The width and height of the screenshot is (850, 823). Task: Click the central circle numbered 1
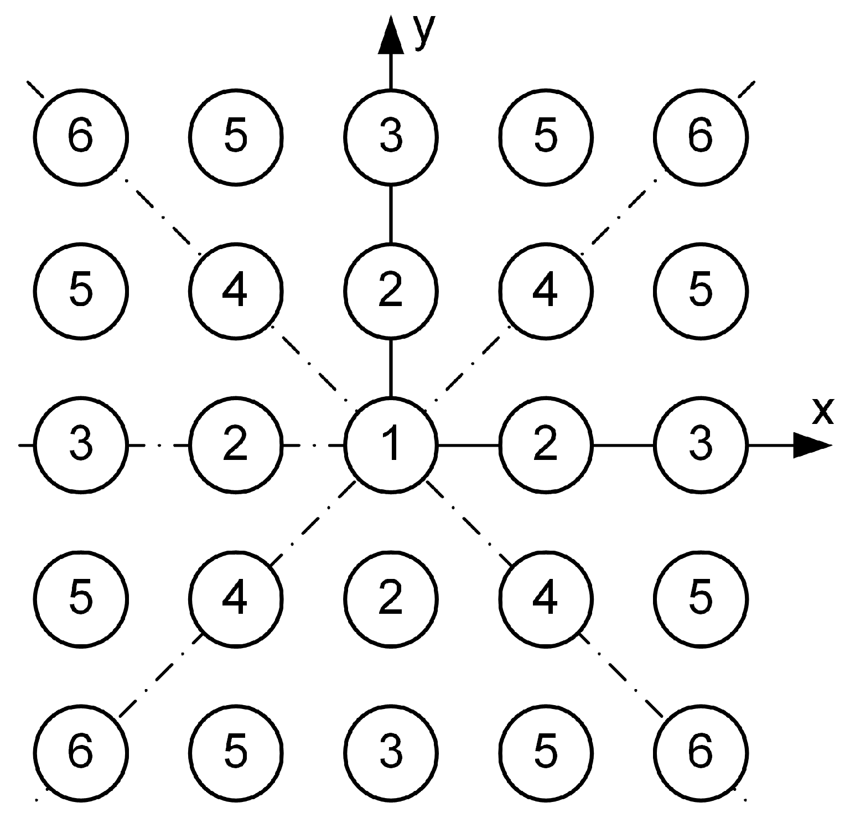[391, 444]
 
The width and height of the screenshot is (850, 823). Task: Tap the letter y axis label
[424, 32]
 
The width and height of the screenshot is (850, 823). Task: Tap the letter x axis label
[822, 411]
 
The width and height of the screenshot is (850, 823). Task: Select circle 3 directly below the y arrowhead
[391, 136]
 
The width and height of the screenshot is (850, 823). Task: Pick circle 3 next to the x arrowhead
[701, 444]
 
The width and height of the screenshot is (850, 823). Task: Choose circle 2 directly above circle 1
[391, 291]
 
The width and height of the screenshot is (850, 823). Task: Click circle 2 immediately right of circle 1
[546, 444]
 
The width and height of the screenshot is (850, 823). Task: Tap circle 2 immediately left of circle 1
[236, 444]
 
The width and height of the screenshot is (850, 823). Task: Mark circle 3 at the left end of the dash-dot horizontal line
[81, 444]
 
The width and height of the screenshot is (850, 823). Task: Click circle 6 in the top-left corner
[81, 136]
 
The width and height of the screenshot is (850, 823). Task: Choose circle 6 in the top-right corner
[701, 136]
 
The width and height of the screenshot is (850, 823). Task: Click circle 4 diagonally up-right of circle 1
[546, 291]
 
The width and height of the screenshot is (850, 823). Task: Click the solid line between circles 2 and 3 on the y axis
[391, 213]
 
